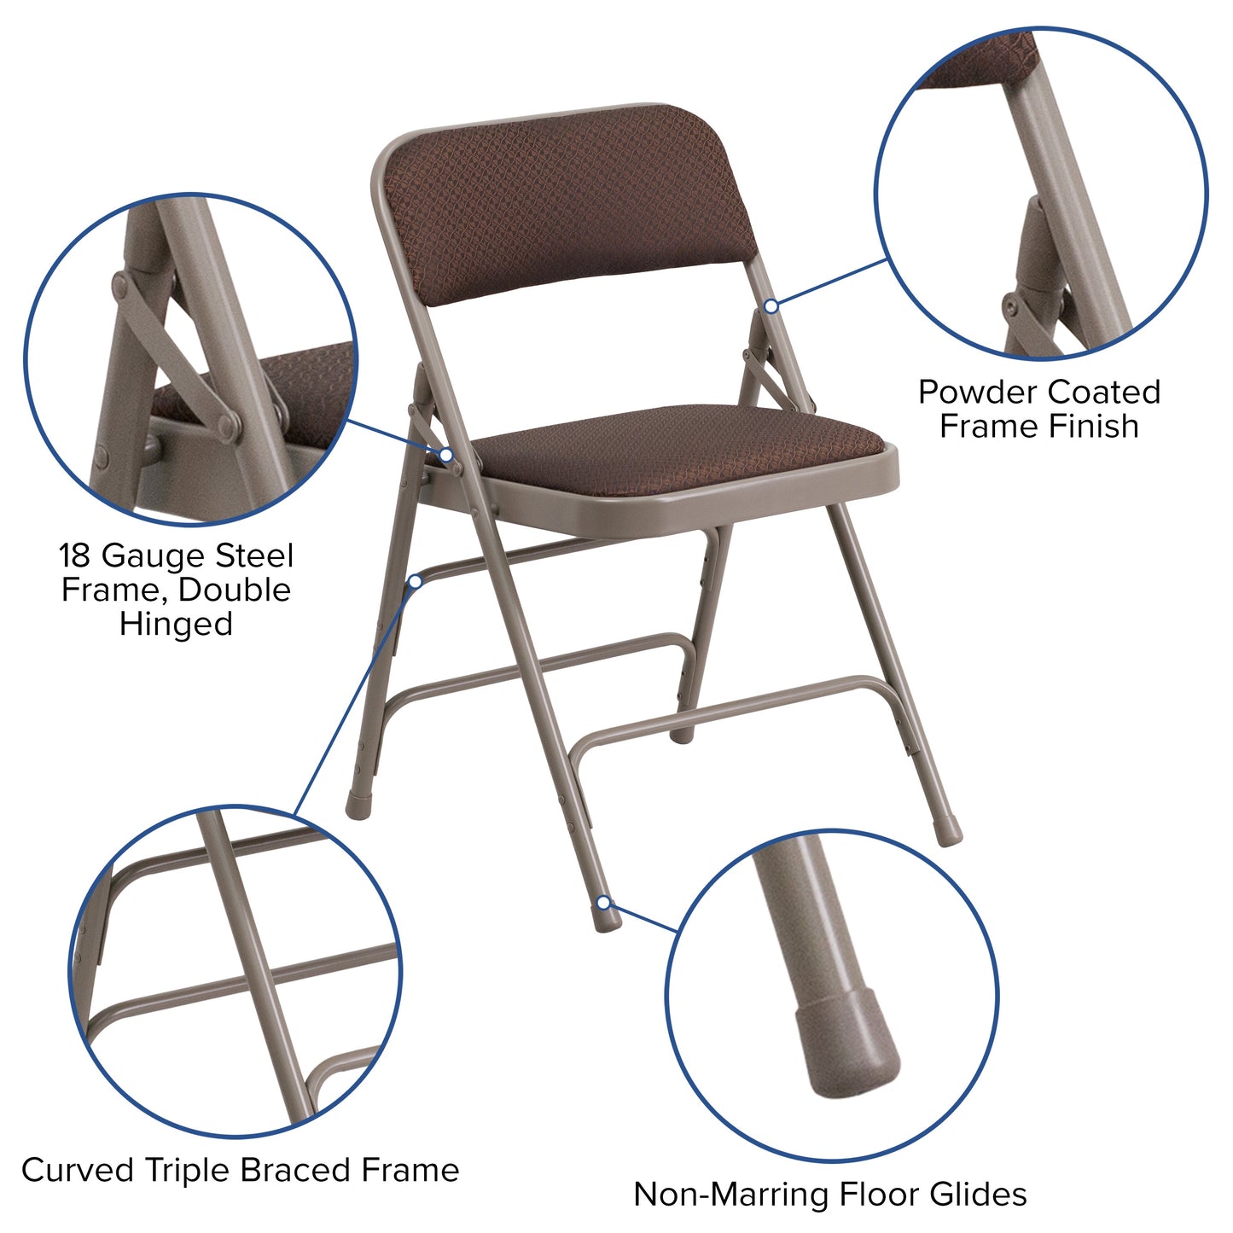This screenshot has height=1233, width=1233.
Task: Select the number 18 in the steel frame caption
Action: click(75, 556)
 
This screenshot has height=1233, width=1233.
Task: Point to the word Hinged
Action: click(176, 624)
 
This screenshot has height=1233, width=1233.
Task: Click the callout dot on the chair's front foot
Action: click(604, 902)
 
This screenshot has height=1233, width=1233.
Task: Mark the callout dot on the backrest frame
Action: click(771, 305)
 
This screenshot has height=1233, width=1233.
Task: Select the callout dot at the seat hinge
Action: click(445, 456)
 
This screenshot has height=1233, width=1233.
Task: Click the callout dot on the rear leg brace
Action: click(416, 581)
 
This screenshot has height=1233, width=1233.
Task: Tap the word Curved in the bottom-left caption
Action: click(77, 1170)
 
